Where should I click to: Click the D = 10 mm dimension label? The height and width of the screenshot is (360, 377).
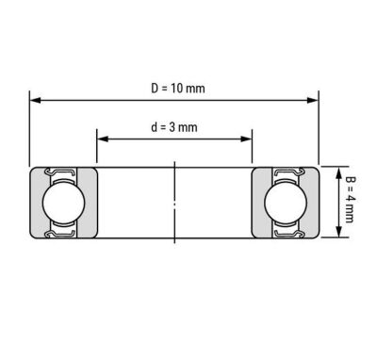(178, 89)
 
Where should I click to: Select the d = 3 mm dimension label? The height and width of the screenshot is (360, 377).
(174, 127)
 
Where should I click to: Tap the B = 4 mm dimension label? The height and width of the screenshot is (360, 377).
(350, 200)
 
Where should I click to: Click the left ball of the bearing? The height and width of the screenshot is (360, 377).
(64, 203)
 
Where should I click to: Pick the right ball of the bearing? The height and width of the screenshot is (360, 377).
(286, 203)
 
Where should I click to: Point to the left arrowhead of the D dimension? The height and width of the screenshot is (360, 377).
(35, 101)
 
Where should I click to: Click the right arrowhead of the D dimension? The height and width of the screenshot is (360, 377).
(313, 101)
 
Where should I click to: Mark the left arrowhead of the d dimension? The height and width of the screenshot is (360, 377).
(103, 139)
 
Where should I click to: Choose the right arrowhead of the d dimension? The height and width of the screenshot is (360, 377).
(246, 139)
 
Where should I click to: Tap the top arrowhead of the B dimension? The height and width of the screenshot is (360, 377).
(338, 173)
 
